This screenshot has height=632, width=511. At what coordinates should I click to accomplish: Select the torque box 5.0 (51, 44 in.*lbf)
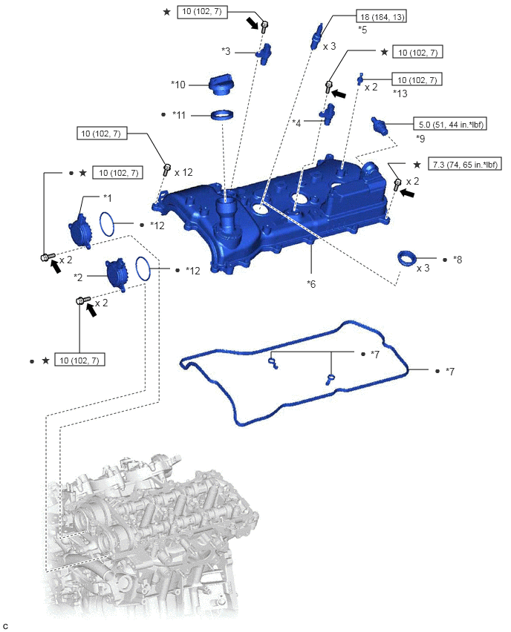(x=450, y=124)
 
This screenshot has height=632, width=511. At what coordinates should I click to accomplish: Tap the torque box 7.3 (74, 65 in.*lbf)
(x=465, y=164)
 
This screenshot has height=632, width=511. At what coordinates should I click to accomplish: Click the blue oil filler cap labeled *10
(x=221, y=85)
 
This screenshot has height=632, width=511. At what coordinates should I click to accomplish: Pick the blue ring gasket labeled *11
(x=222, y=116)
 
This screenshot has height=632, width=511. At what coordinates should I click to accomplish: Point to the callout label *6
(x=311, y=284)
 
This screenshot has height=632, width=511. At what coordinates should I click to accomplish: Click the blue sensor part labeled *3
(x=264, y=53)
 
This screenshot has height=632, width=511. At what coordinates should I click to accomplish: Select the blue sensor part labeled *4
(x=328, y=114)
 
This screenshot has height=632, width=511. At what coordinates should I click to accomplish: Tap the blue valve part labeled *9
(x=380, y=125)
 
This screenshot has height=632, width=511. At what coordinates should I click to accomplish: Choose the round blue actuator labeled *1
(x=80, y=230)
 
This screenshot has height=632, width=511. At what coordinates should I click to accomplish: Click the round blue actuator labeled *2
(x=117, y=274)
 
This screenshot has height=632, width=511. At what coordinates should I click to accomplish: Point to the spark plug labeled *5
(x=316, y=36)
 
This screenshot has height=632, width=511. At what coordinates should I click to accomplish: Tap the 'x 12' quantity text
(x=183, y=173)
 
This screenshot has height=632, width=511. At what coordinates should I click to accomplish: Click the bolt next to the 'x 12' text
(x=166, y=169)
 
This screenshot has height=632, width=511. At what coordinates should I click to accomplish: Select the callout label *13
(x=400, y=93)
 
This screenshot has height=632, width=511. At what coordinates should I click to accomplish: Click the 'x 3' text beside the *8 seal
(x=423, y=268)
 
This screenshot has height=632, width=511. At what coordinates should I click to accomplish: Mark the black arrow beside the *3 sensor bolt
(x=253, y=22)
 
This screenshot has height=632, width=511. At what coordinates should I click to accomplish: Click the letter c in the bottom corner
(x=5, y=626)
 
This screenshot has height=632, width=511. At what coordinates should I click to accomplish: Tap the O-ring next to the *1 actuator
(x=108, y=224)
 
